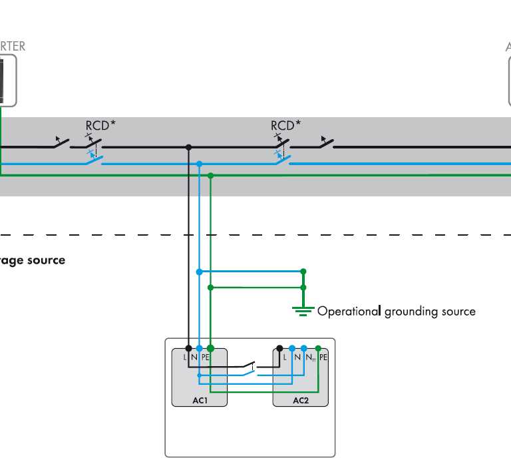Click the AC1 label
coord(199,401)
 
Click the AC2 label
coord(301,401)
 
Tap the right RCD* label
coord(285,124)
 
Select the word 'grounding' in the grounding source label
coord(411,311)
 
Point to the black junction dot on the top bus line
coord(189,147)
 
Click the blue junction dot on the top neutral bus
coord(199,163)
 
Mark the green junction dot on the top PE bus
coord(210,176)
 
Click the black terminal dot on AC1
coord(189,348)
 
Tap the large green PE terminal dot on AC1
coord(210,348)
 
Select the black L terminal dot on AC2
coord(279,348)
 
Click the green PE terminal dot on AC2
coord(318,348)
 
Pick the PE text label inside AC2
coord(323,357)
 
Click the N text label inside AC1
coord(194,357)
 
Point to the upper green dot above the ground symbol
coord(303,272)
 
